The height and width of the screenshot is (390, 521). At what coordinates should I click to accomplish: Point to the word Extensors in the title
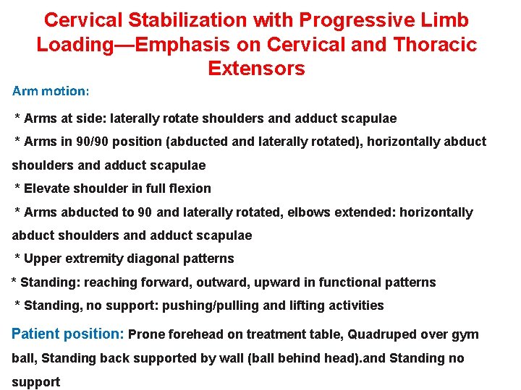coord(256,69)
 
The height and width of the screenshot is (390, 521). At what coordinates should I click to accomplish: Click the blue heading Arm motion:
coord(51,92)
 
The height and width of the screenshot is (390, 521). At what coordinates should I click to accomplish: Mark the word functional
coord(354,282)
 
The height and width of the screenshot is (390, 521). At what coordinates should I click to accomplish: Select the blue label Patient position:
coord(68,334)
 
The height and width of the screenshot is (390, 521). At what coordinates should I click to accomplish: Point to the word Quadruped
coord(381,334)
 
